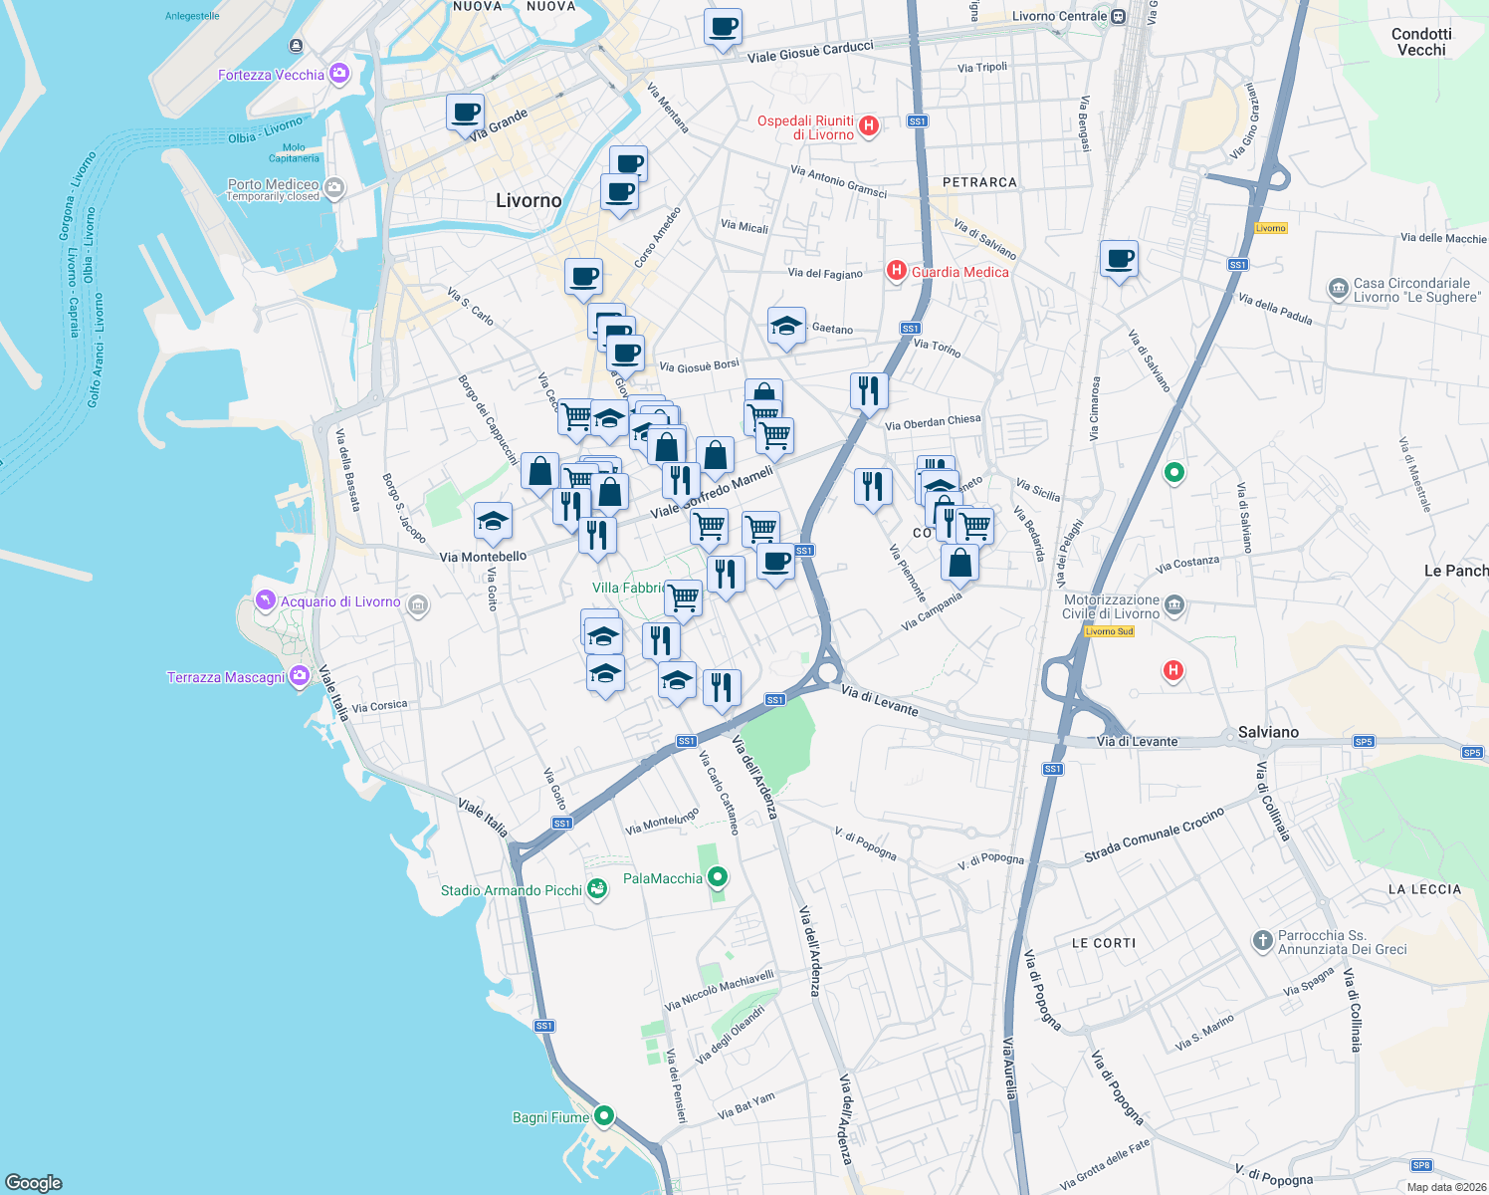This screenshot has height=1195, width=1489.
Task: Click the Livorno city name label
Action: [x=529, y=200]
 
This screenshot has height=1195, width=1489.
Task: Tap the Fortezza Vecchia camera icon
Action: [x=339, y=74]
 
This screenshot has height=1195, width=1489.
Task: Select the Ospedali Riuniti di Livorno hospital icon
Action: [x=869, y=125]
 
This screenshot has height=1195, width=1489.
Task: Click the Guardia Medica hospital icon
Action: [x=896, y=271]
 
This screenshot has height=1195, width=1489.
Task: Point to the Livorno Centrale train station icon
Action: [x=1119, y=16]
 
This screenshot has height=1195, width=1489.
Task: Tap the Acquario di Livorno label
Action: [x=340, y=601]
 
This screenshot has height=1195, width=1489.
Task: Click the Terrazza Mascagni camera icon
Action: [x=300, y=677]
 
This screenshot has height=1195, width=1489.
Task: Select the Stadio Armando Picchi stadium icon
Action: [x=597, y=889]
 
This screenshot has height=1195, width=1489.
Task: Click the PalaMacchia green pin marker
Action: [x=717, y=877]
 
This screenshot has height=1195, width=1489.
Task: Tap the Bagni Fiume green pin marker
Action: [x=603, y=1116]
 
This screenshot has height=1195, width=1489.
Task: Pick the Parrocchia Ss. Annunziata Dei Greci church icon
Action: [x=1262, y=940]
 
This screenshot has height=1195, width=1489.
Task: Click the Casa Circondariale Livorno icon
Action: [x=1338, y=289]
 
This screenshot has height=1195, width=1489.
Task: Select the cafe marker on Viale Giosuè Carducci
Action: [x=724, y=27]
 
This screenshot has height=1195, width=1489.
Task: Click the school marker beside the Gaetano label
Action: [x=786, y=326]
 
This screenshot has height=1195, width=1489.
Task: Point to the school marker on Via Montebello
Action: [x=493, y=520]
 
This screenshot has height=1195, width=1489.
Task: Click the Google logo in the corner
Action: [x=34, y=1182]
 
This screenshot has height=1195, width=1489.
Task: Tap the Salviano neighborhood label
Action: [x=1268, y=732]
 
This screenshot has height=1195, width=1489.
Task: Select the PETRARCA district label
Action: [x=979, y=182]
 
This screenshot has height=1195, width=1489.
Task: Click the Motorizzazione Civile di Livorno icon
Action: [x=1174, y=605]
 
